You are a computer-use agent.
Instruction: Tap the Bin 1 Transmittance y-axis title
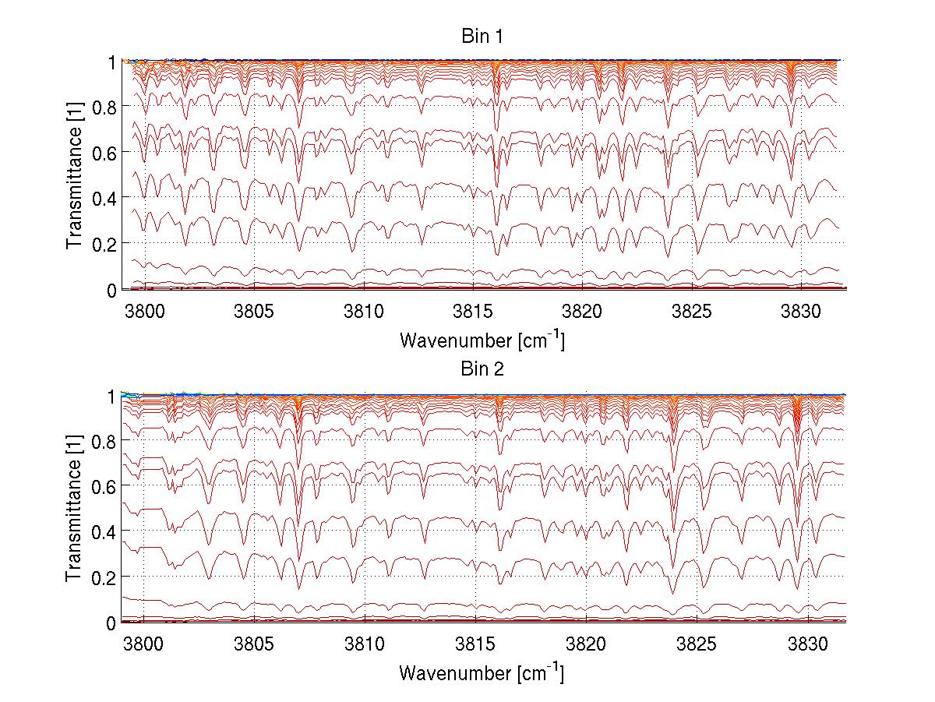75,175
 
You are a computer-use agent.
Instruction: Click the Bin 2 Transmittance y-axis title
75,509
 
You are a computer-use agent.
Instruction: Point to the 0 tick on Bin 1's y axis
112,290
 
